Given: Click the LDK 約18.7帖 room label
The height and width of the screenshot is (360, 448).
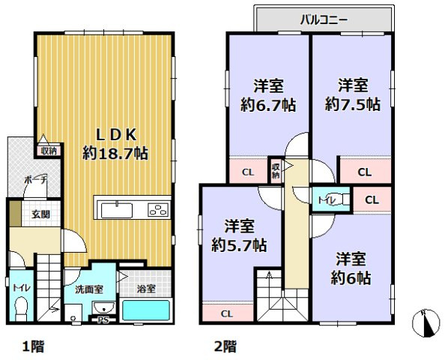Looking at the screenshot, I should [x=115, y=143].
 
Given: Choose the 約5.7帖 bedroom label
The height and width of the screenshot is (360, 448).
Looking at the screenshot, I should [x=239, y=235].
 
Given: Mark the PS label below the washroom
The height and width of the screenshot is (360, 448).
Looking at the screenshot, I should [x=103, y=319].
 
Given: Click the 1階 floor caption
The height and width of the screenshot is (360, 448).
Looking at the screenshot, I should [x=31, y=346].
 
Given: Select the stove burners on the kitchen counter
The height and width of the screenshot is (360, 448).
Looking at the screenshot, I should [x=159, y=209].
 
